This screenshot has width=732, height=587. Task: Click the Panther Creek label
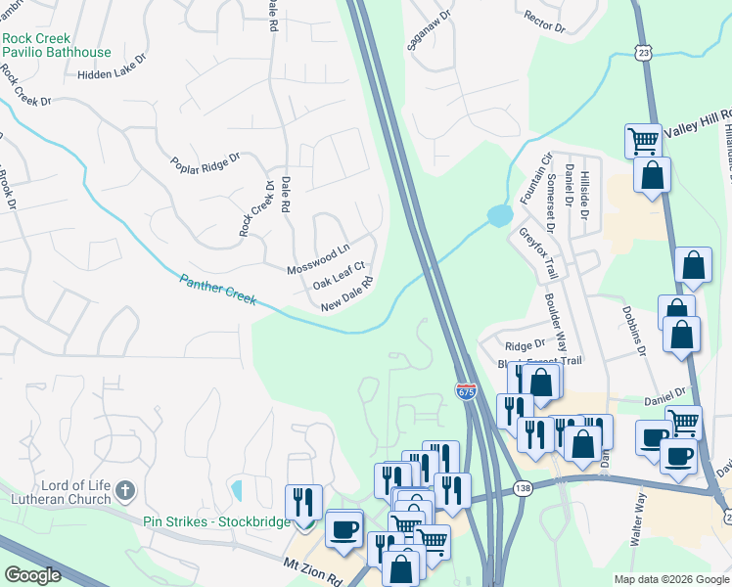coord(218,291)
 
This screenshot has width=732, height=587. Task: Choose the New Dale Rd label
coord(348,295)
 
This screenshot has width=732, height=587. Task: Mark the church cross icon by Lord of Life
coord(124,489)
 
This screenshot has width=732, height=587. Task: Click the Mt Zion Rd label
coord(313,569)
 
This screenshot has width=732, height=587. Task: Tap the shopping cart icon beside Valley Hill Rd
coord(643,141)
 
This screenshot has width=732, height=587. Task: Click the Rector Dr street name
coord(545,21)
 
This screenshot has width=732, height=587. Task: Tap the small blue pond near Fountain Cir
coord(499,214)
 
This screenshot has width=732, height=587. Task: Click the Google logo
coord(32,575)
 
